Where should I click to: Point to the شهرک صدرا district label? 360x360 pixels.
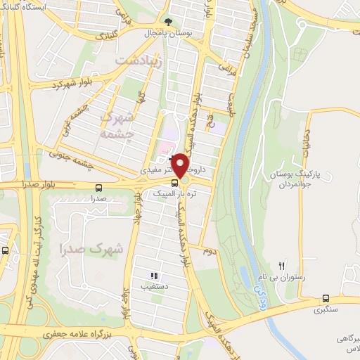[x=91, y=247]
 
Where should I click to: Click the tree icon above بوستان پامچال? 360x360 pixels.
[x=167, y=21]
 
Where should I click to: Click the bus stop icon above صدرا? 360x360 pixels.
[x=97, y=188]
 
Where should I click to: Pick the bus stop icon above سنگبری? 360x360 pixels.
[x=326, y=297]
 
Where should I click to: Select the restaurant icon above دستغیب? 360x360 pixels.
[x=154, y=276]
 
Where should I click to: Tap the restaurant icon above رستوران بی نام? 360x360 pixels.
[x=282, y=265]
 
